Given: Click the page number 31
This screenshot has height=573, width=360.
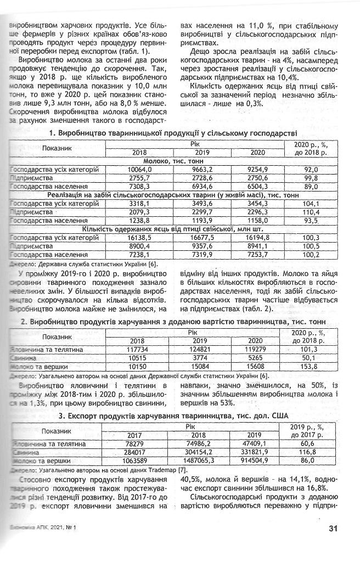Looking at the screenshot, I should pos(332,529).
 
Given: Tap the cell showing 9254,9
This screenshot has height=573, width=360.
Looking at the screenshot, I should pos(257,170).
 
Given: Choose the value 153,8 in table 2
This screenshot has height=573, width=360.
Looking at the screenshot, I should pos(311,366).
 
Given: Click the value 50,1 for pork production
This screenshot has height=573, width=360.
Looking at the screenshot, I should pos(311,358).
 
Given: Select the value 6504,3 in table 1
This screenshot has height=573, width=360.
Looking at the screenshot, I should pos(257,187).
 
